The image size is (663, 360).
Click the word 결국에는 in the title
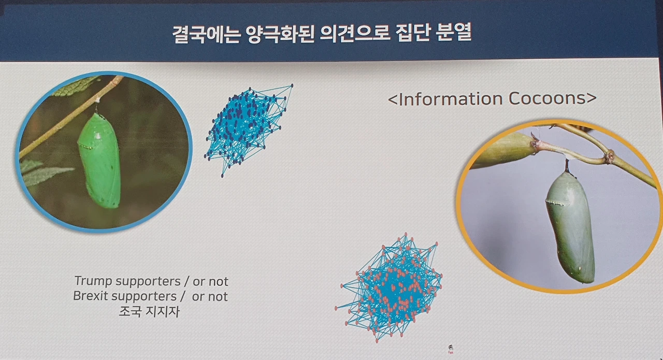pyautogui.click(x=206, y=34)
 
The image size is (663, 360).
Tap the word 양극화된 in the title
pyautogui.click(x=279, y=34)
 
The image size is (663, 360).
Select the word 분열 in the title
pyautogui.click(x=454, y=33)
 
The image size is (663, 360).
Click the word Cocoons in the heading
pyautogui.click(x=547, y=98)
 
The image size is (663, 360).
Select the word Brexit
pyautogui.click(x=91, y=296)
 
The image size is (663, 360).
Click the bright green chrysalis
pyautogui.click(x=100, y=161)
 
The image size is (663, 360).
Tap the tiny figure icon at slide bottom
pyautogui.click(x=451, y=349)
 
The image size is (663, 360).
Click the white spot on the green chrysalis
pyautogui.click(x=98, y=136)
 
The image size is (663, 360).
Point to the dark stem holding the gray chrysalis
pyautogui.click(x=568, y=166)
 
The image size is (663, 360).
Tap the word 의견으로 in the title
pyautogui.click(x=354, y=34)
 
